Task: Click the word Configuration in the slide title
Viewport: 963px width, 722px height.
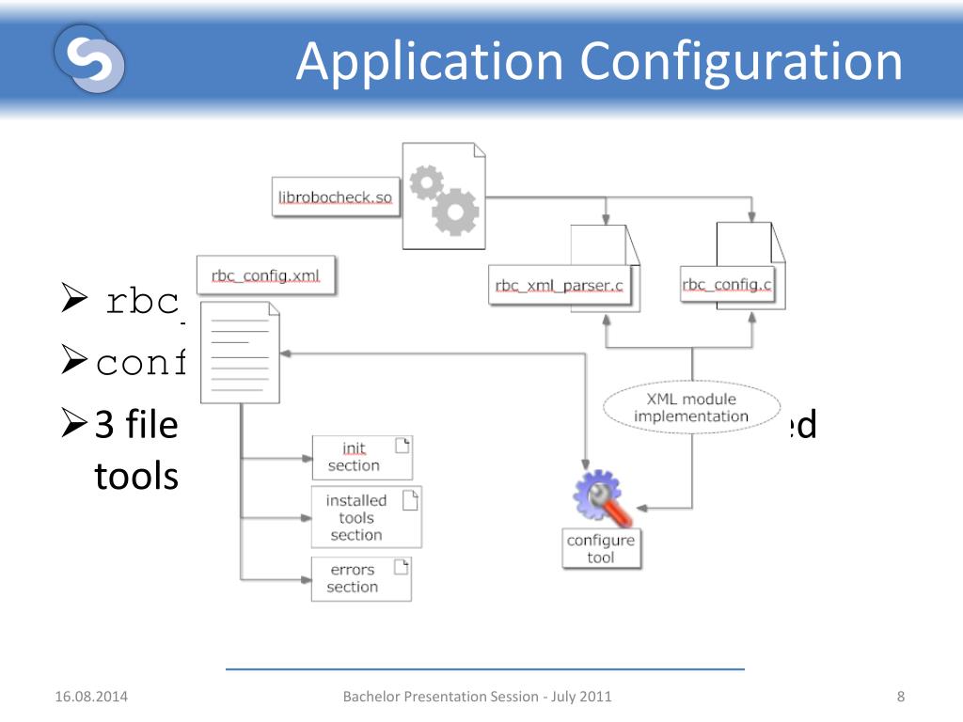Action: pyautogui.click(x=741, y=62)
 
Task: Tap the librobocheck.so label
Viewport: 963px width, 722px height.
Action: pyautogui.click(x=335, y=197)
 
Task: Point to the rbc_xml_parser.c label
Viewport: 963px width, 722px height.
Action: pyautogui.click(x=560, y=286)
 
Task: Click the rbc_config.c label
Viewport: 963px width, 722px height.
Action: pyautogui.click(x=727, y=285)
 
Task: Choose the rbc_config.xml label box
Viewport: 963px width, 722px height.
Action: pyautogui.click(x=265, y=276)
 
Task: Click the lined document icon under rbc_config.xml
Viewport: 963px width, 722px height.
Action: pyautogui.click(x=241, y=353)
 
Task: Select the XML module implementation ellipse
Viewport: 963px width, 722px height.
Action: pyautogui.click(x=691, y=408)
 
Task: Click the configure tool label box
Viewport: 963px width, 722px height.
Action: pyautogui.click(x=601, y=549)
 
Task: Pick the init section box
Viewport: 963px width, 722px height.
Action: pyautogui.click(x=361, y=458)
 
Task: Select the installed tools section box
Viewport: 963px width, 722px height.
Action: pyautogui.click(x=366, y=517)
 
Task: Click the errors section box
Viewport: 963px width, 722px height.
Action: pyautogui.click(x=361, y=578)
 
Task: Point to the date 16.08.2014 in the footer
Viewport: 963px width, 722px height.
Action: pyautogui.click(x=91, y=697)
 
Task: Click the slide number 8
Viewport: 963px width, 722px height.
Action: pyautogui.click(x=901, y=697)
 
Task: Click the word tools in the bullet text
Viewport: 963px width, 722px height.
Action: pyautogui.click(x=136, y=476)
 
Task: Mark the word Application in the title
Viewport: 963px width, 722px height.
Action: pyautogui.click(x=430, y=62)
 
